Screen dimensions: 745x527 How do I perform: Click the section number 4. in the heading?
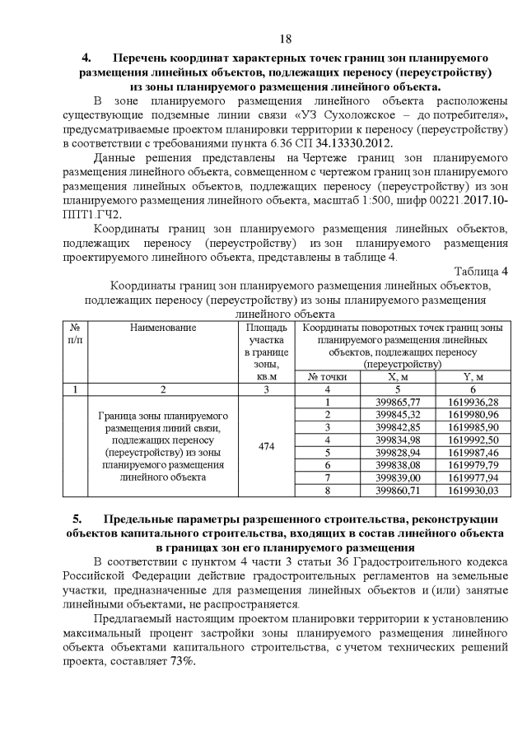point(85,58)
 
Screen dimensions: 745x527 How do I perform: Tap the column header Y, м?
point(473,376)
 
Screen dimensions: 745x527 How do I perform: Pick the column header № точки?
point(328,376)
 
